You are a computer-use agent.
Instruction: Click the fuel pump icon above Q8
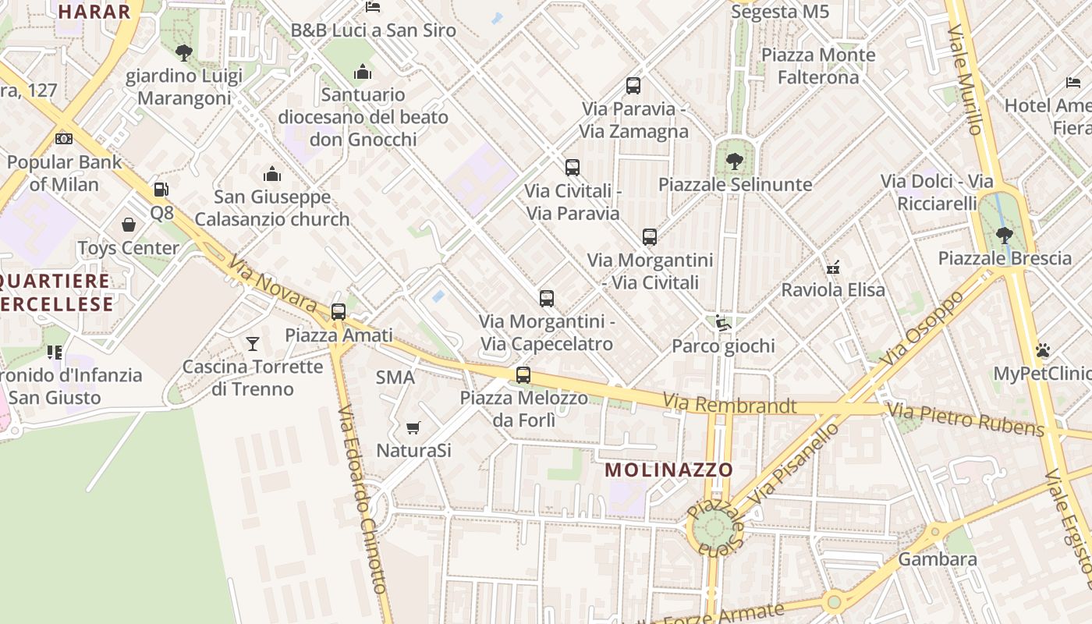click(161, 189)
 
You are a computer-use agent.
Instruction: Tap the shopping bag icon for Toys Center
click(129, 225)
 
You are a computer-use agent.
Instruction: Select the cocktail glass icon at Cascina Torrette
click(253, 343)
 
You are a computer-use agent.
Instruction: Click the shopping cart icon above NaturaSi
click(413, 427)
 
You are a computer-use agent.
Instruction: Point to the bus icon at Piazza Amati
click(339, 312)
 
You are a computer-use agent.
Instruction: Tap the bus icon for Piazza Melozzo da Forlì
click(523, 375)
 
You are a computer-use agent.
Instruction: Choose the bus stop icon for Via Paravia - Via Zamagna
click(633, 86)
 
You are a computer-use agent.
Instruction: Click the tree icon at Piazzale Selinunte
click(734, 161)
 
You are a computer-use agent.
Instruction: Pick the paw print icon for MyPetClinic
click(1043, 350)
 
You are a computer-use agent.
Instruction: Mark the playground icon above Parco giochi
click(723, 323)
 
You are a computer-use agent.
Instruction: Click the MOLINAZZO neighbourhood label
click(669, 470)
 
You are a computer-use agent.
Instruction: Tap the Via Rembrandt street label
click(730, 405)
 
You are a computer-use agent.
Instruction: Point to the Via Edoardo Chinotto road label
click(362, 498)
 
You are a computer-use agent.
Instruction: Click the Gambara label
click(938, 559)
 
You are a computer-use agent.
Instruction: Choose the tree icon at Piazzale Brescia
click(1005, 235)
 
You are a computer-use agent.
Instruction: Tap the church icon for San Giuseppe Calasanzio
click(272, 173)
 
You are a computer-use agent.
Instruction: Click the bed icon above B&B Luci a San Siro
click(373, 8)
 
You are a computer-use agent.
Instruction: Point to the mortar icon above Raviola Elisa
click(833, 267)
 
